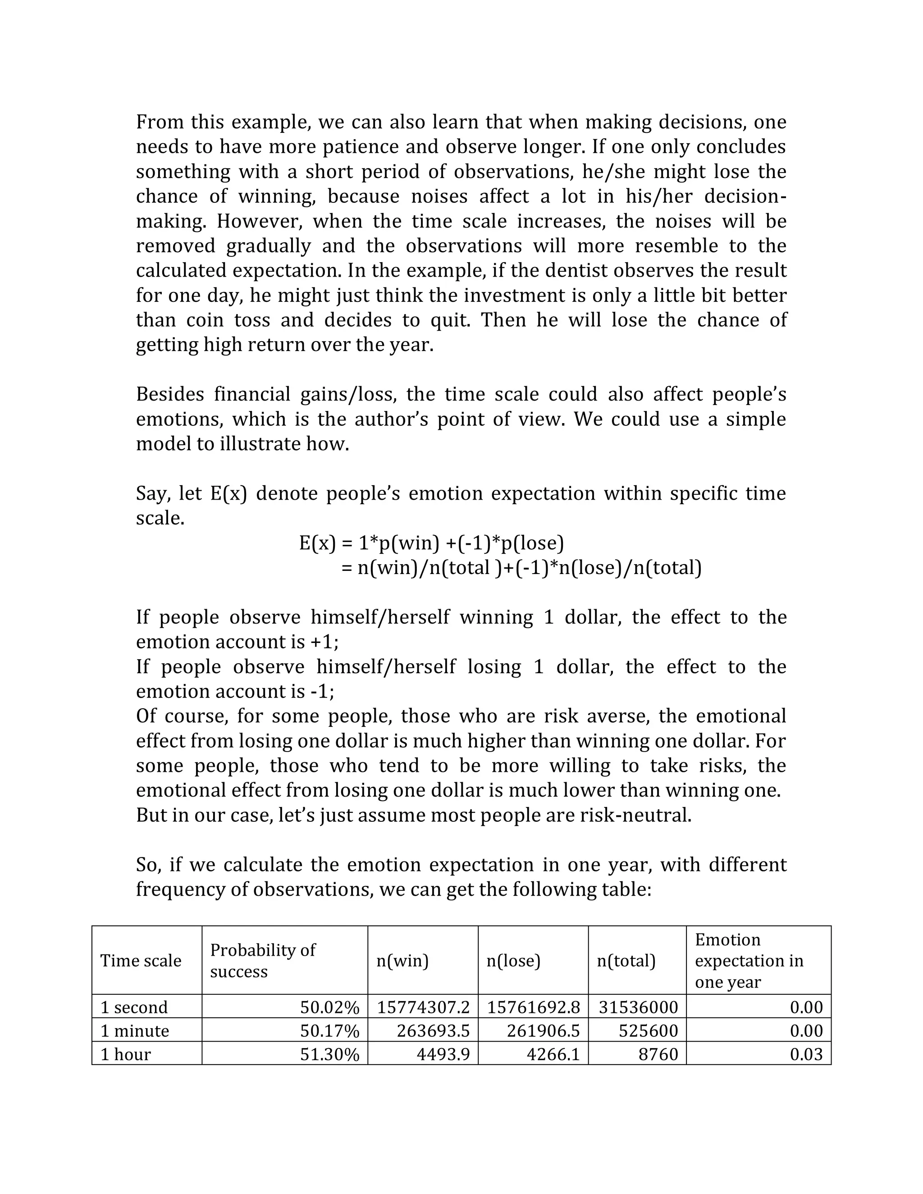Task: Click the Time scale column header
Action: (141, 961)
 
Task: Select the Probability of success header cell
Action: (262, 961)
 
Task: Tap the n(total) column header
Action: (626, 961)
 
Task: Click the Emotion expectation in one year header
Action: (749, 961)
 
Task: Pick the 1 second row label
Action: (134, 1007)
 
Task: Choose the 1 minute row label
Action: (135, 1030)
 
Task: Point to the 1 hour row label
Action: (125, 1054)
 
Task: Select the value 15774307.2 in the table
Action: (423, 1007)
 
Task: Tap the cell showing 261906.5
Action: (543, 1030)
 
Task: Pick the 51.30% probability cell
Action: (330, 1054)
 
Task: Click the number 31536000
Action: (638, 1007)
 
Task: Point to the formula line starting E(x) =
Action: (431, 543)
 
